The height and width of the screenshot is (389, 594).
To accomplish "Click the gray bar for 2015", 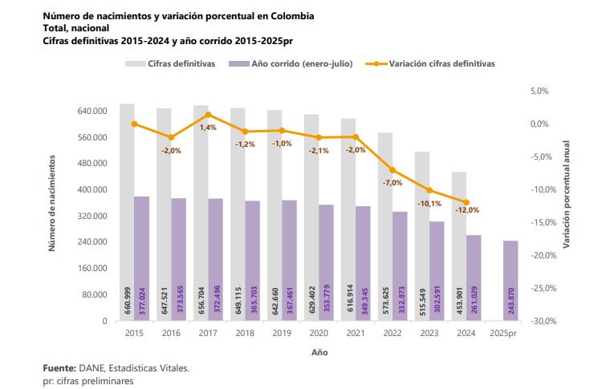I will click(127, 213).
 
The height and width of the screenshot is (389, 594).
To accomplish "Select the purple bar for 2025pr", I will click(511, 281).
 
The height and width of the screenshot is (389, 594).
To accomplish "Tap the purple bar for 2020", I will click(326, 262).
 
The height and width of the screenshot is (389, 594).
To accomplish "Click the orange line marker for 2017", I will click(208, 115).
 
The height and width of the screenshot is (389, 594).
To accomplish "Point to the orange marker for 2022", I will click(393, 170).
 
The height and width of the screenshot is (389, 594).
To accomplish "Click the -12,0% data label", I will click(466, 210).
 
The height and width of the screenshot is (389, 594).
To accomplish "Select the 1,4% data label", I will click(208, 127).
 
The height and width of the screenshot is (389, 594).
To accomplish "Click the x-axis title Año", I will click(319, 351).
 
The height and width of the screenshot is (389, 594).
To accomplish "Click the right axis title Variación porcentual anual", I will click(566, 192).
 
